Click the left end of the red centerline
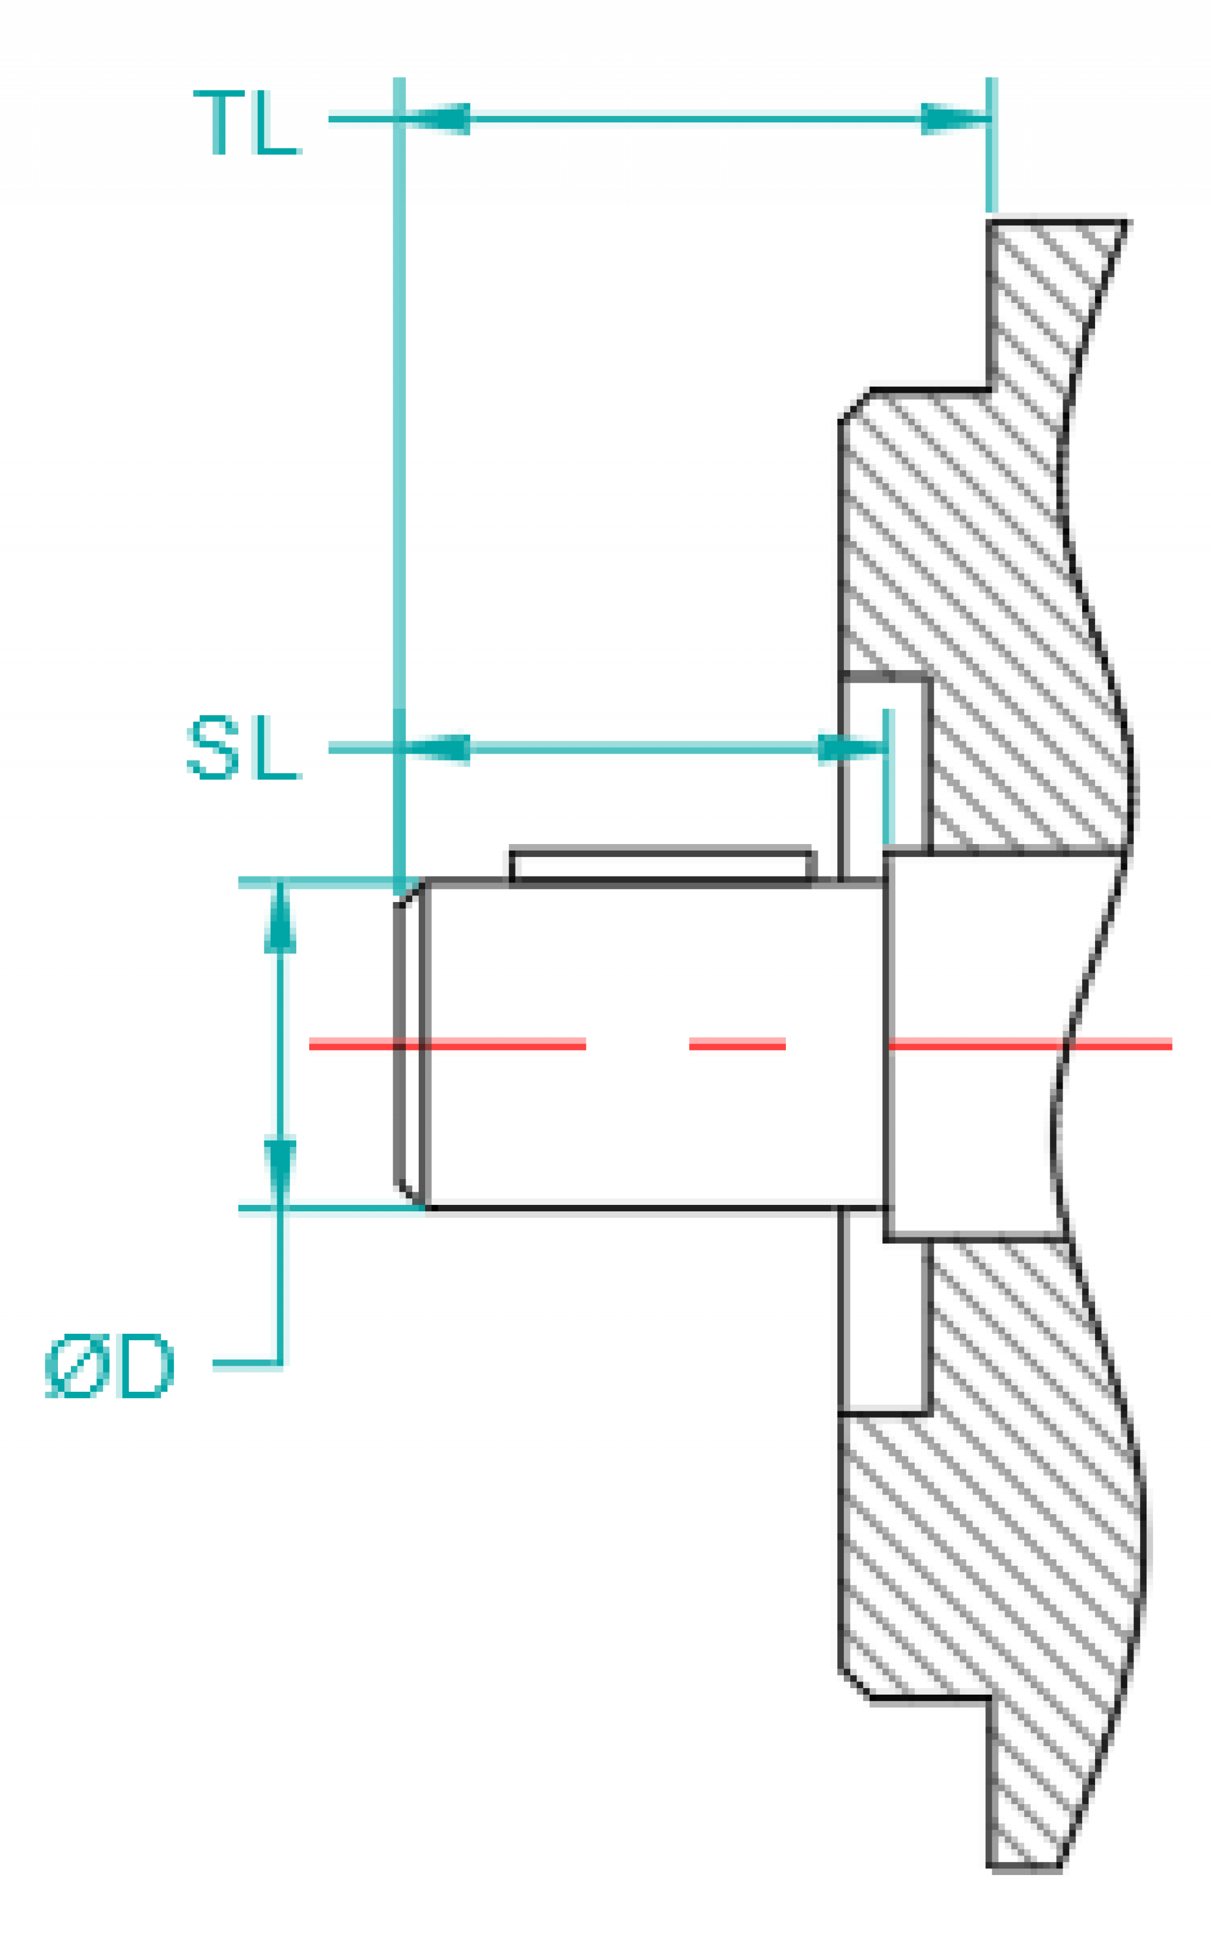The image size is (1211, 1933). click(x=309, y=1043)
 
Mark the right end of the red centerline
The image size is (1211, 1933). click(x=1173, y=1043)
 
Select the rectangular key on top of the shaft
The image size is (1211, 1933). click(x=662, y=865)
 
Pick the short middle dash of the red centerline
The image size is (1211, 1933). click(x=737, y=1043)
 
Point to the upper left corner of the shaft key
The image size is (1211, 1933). click(x=510, y=848)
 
